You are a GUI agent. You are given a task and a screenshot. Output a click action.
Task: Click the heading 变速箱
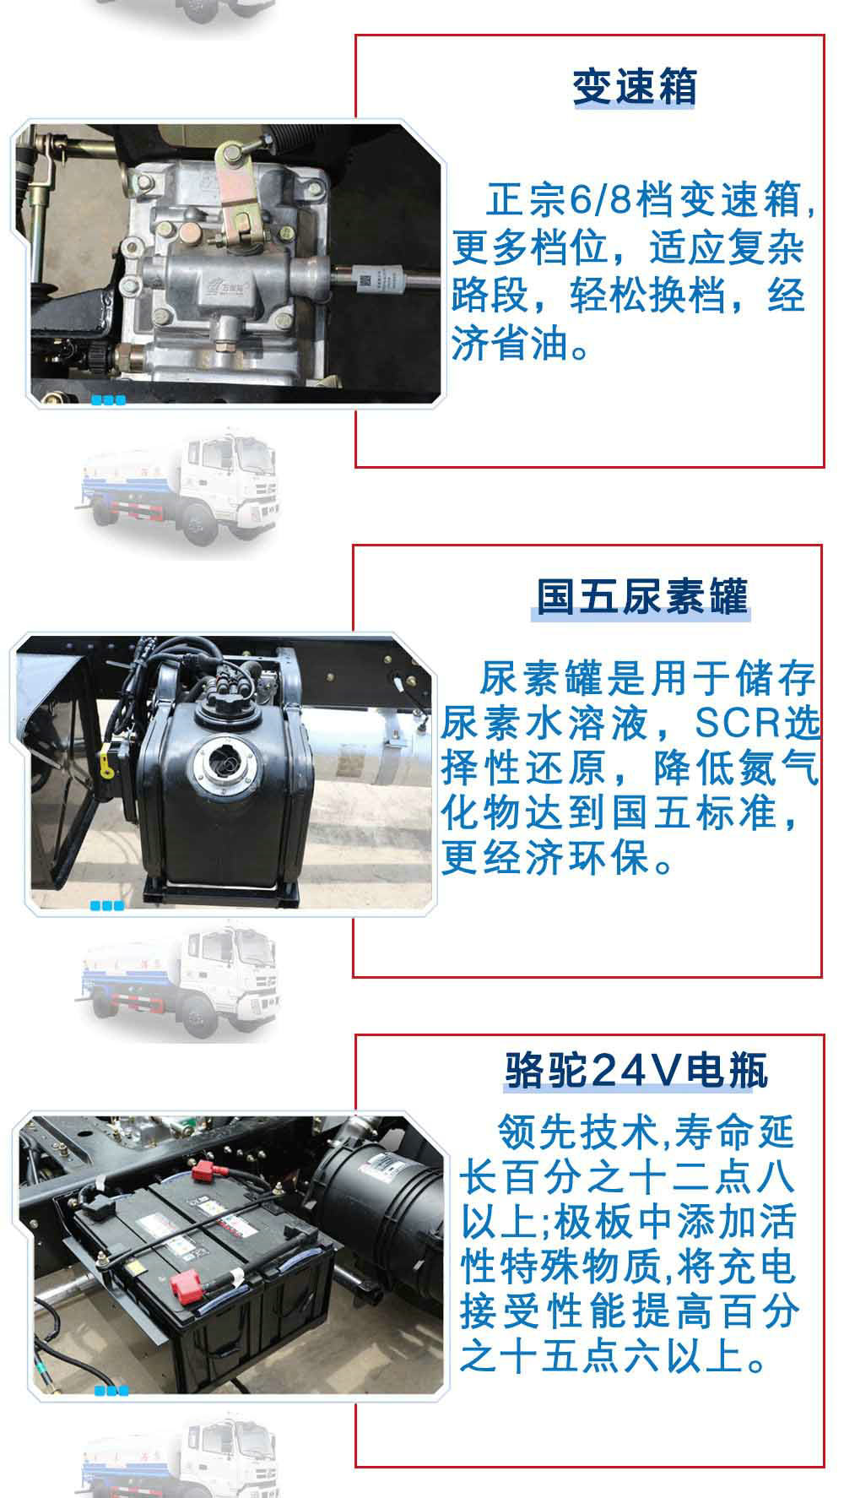(634, 87)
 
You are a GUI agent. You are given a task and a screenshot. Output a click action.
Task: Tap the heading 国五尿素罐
(642, 597)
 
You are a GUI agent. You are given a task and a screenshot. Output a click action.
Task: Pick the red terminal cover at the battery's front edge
(183, 1288)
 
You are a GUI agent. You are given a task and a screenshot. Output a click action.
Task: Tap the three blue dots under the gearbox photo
(108, 400)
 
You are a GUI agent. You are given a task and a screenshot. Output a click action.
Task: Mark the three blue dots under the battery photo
(111, 1391)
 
